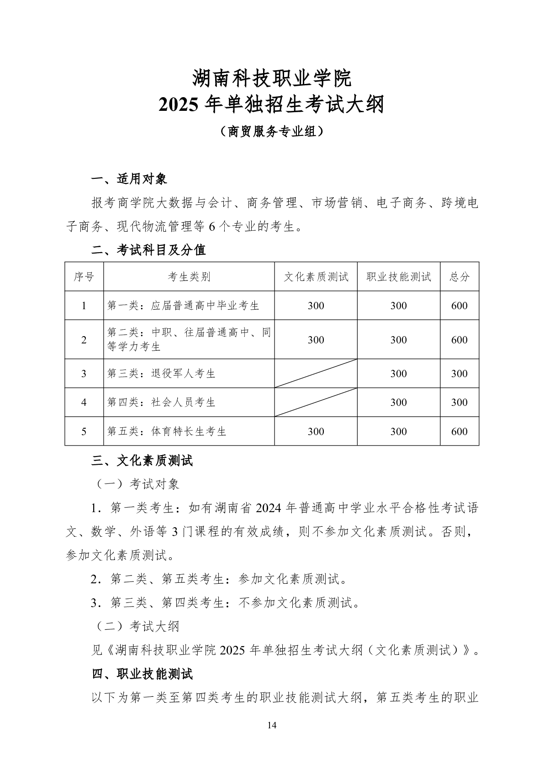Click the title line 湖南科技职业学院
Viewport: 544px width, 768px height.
(x=272, y=78)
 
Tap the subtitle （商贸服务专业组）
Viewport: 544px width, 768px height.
(x=272, y=131)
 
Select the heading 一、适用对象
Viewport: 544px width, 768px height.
(x=130, y=179)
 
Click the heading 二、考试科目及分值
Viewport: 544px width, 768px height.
(x=149, y=249)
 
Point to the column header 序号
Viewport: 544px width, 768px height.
(x=84, y=277)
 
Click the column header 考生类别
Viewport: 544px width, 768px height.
(x=189, y=277)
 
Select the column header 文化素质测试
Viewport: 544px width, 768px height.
(x=316, y=277)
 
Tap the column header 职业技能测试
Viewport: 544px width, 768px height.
(x=399, y=277)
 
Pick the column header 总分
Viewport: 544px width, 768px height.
(x=459, y=277)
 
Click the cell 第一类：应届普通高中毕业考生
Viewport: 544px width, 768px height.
(x=183, y=306)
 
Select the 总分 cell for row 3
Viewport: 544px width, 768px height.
(x=459, y=374)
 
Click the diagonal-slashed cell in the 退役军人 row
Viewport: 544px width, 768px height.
(x=316, y=374)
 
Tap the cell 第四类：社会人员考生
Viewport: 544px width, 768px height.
(x=161, y=402)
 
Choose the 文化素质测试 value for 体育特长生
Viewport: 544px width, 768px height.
(x=316, y=431)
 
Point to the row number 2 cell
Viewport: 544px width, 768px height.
(x=84, y=340)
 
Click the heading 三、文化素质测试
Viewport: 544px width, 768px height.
(x=143, y=461)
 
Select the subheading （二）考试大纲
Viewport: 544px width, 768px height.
(x=136, y=626)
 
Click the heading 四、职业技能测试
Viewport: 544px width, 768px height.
(x=143, y=674)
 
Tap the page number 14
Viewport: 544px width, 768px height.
(x=272, y=725)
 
